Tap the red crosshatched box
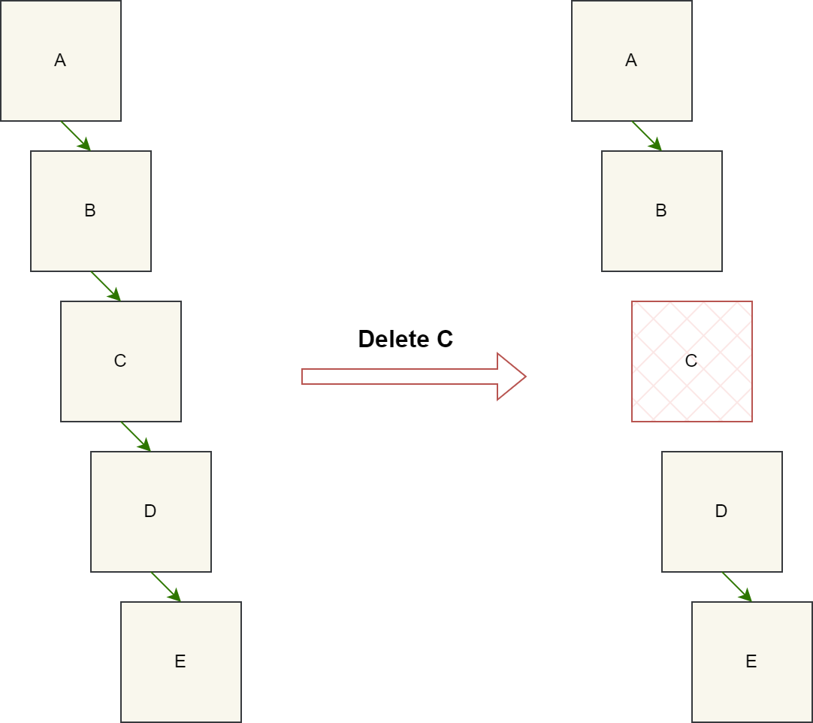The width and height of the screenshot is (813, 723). pyautogui.click(x=691, y=361)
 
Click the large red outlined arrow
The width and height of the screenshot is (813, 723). pyautogui.click(x=406, y=376)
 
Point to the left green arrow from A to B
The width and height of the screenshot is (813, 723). pyautogui.click(x=75, y=135)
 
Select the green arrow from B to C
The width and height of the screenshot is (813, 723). pyautogui.click(x=105, y=286)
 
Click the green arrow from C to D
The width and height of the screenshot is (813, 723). pyautogui.click(x=135, y=436)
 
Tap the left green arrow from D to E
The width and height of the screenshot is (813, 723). pyautogui.click(x=165, y=586)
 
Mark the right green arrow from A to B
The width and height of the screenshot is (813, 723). pyautogui.click(x=646, y=135)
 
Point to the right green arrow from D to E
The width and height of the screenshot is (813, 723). pyautogui.click(x=736, y=586)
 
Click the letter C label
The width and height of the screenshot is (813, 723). pyautogui.click(x=120, y=361)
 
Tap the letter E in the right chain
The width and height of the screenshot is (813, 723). pyautogui.click(x=751, y=661)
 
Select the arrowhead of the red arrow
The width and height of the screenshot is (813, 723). pyautogui.click(x=511, y=376)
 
